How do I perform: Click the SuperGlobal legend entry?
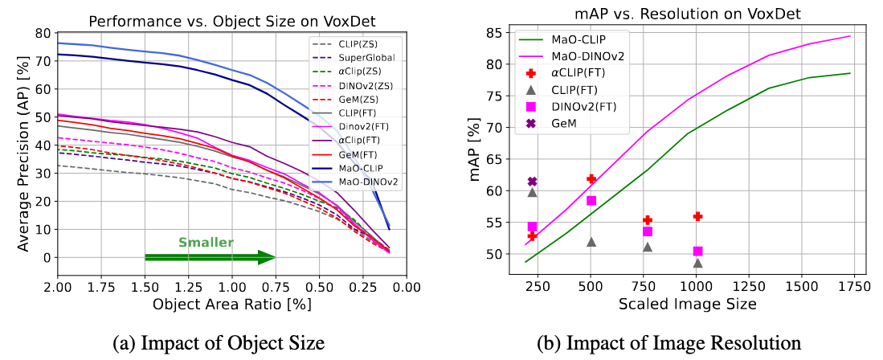click(x=356, y=59)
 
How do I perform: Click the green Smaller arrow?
click(x=211, y=257)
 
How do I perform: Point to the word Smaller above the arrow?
click(x=206, y=242)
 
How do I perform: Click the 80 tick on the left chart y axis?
click(x=43, y=33)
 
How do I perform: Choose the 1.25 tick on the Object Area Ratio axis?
click(x=188, y=287)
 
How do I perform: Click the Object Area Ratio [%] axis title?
click(x=232, y=305)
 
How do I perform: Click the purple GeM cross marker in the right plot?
click(x=532, y=182)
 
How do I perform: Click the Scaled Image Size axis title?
click(x=687, y=305)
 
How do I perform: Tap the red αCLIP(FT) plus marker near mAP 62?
click(x=591, y=178)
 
